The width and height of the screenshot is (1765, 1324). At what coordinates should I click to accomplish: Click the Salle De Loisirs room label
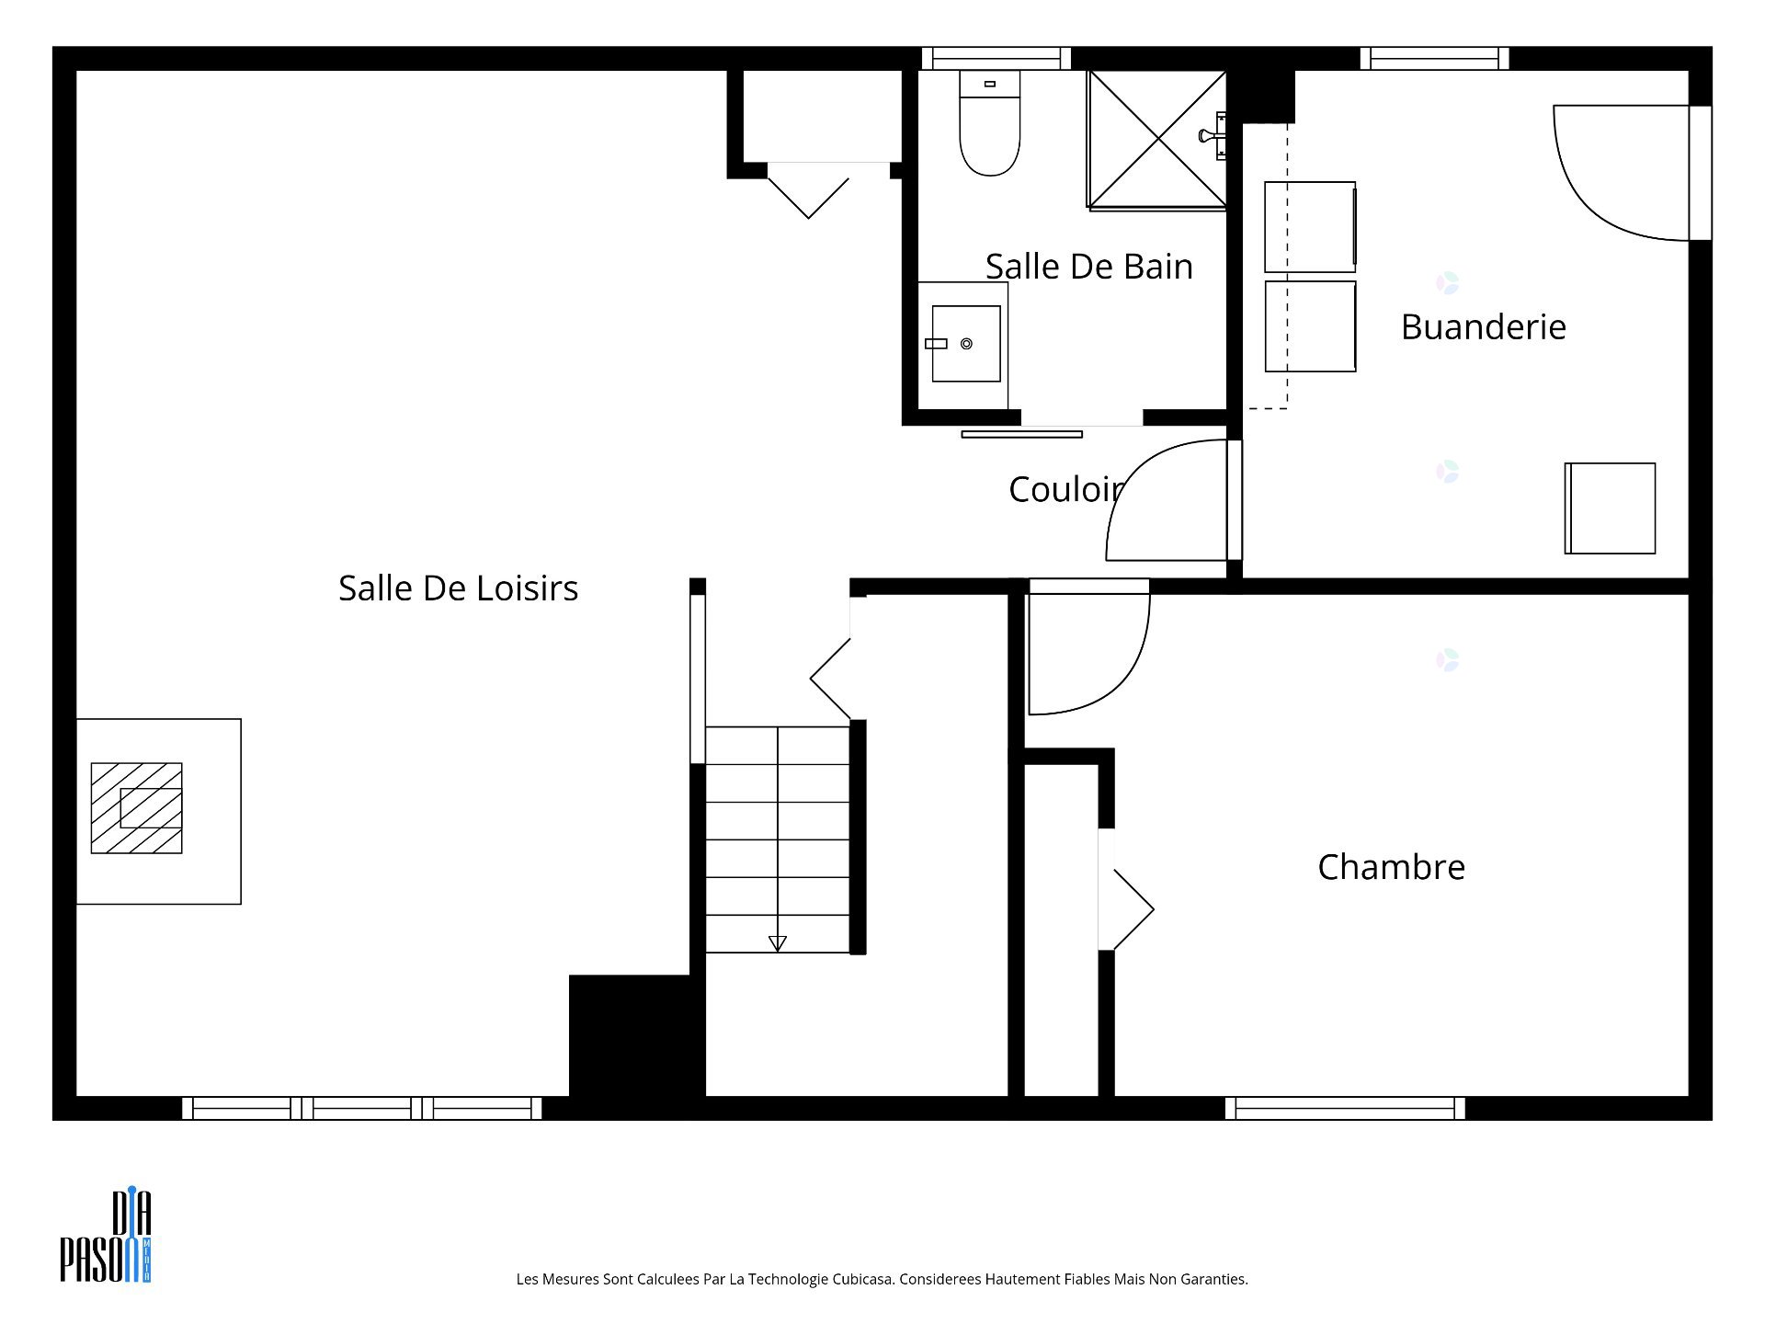pos(458,588)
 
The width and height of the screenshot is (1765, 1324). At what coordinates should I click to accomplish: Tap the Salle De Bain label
pos(1089,267)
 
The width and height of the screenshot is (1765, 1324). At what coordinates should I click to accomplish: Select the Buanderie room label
pos(1483,327)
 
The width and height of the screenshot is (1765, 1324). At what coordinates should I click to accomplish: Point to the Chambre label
pos(1391,867)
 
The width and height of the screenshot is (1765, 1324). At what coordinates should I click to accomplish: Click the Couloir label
pos(1066,490)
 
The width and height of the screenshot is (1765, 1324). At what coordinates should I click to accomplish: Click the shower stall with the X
pos(1156,139)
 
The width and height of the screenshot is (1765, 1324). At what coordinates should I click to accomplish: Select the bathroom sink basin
pos(966,344)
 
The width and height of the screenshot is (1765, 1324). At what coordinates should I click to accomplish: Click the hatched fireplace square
pos(136,808)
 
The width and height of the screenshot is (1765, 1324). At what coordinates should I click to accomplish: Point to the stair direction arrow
pos(777,943)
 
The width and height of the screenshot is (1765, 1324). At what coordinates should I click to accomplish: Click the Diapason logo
pos(106,1236)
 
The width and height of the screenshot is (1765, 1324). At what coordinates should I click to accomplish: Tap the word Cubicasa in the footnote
pos(863,1279)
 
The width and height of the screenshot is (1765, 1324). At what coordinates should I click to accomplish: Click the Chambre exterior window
pos(1345,1108)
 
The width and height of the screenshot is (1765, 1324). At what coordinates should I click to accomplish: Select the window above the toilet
pos(996,58)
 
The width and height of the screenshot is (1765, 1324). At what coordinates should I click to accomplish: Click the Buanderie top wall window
pos(1434,58)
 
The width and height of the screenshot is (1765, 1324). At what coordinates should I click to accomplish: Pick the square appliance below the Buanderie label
pos(1610,508)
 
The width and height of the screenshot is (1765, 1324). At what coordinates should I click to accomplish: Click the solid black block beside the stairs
pos(636,1036)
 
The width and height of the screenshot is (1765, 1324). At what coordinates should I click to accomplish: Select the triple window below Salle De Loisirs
pos(362,1108)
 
